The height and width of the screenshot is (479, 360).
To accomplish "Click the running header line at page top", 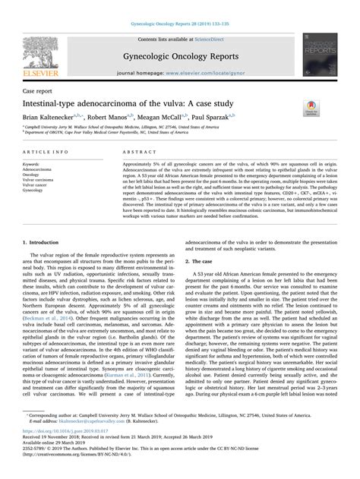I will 180,6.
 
